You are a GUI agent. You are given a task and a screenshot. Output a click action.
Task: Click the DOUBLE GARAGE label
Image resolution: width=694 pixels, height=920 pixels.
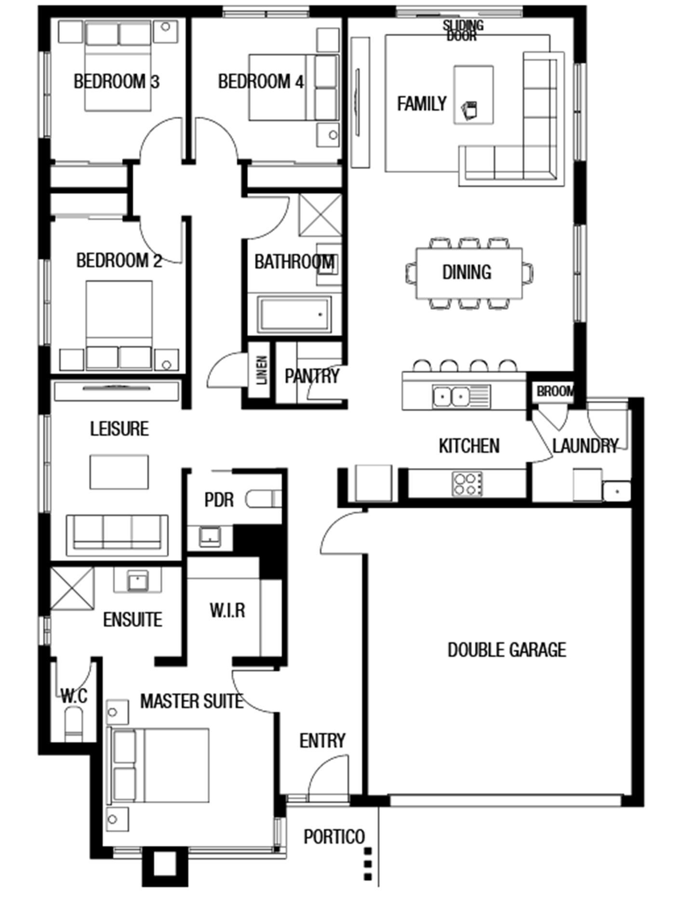507,650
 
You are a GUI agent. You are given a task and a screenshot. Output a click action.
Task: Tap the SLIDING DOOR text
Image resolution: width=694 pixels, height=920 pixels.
463,30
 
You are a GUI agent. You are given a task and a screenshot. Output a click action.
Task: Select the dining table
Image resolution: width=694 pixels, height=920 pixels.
469,273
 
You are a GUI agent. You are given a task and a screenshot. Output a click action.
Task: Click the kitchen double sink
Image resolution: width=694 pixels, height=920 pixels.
452,396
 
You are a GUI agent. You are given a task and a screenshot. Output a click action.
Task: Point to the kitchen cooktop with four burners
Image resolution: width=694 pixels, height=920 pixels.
467,484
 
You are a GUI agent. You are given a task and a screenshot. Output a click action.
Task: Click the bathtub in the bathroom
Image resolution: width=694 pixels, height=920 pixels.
294,315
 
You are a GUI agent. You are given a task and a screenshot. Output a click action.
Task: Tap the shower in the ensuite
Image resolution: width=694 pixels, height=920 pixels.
72,588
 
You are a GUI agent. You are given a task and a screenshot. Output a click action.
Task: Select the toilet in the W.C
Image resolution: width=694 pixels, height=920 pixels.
74,724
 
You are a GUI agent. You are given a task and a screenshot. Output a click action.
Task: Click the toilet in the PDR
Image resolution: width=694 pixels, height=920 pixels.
263,499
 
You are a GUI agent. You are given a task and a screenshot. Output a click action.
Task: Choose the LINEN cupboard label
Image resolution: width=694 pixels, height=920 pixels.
262,370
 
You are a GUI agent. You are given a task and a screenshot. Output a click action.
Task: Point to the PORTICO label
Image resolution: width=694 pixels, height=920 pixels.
334,837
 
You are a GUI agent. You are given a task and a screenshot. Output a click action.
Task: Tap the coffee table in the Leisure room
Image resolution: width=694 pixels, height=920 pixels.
119,472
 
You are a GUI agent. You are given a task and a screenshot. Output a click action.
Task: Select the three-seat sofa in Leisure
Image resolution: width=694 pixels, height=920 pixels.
117,533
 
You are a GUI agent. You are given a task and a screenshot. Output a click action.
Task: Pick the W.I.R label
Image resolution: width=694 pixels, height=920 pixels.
227,611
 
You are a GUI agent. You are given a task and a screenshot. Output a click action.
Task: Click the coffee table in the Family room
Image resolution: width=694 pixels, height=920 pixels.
473,95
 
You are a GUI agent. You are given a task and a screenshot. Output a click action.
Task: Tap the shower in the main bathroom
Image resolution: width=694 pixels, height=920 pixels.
320,215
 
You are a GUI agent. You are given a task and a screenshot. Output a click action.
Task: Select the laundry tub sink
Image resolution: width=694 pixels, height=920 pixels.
616,491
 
